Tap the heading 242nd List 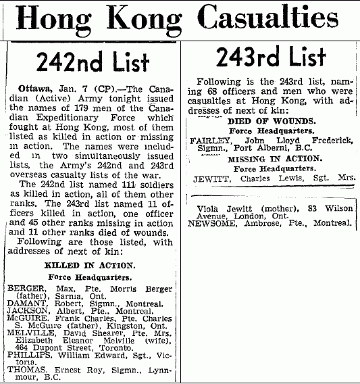pos(93,63)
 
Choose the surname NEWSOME pos(211,222)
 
